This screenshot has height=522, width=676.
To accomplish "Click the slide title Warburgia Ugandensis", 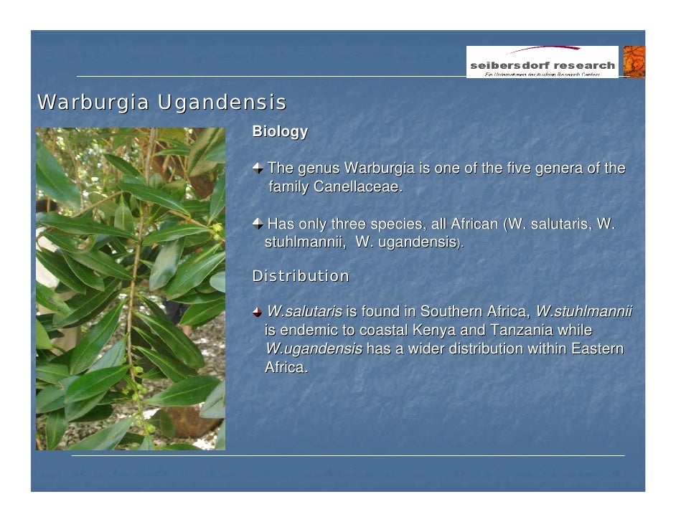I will click(161, 103).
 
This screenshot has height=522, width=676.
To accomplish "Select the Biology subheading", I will click(280, 132).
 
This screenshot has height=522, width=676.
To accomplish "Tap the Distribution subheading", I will click(301, 276).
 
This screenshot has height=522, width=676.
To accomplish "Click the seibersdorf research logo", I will click(542, 62).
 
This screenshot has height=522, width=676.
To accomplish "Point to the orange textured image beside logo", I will click(634, 62).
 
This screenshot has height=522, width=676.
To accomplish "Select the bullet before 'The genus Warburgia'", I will click(258, 169).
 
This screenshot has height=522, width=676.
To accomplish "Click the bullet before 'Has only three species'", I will click(258, 224).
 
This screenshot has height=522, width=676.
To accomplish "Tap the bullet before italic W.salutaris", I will click(258, 312).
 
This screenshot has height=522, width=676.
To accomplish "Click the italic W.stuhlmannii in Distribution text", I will click(583, 312).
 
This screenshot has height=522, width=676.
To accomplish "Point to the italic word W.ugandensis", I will click(314, 349).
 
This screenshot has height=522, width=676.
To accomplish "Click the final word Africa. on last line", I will click(286, 368).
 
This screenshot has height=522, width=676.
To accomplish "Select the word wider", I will click(424, 349).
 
